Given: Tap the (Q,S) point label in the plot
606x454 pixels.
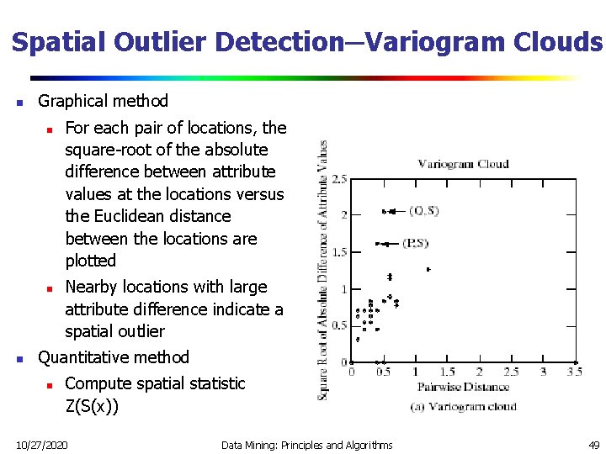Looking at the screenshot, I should click(423, 211).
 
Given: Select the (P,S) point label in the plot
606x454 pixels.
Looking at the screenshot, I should click(415, 244).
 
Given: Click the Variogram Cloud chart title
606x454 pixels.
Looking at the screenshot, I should click(463, 163).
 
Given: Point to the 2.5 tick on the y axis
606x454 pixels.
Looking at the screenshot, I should click(340, 179).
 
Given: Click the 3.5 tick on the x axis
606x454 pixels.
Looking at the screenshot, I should click(574, 372).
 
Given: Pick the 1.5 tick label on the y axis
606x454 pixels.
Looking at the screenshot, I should click(340, 252).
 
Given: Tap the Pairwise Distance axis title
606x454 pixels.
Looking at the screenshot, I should click(464, 387).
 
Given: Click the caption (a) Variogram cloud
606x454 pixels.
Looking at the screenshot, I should click(464, 406).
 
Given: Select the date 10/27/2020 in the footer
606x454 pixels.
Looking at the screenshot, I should click(43, 444).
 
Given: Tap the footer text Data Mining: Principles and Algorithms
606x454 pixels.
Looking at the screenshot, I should click(306, 444).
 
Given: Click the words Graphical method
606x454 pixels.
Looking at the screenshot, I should click(104, 101).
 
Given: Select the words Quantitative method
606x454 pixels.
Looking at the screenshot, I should click(114, 357).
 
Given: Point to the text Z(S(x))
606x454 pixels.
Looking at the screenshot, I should click(92, 406).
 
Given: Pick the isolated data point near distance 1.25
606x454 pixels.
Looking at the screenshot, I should click(428, 269).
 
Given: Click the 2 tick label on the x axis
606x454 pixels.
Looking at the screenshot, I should click(479, 372).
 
